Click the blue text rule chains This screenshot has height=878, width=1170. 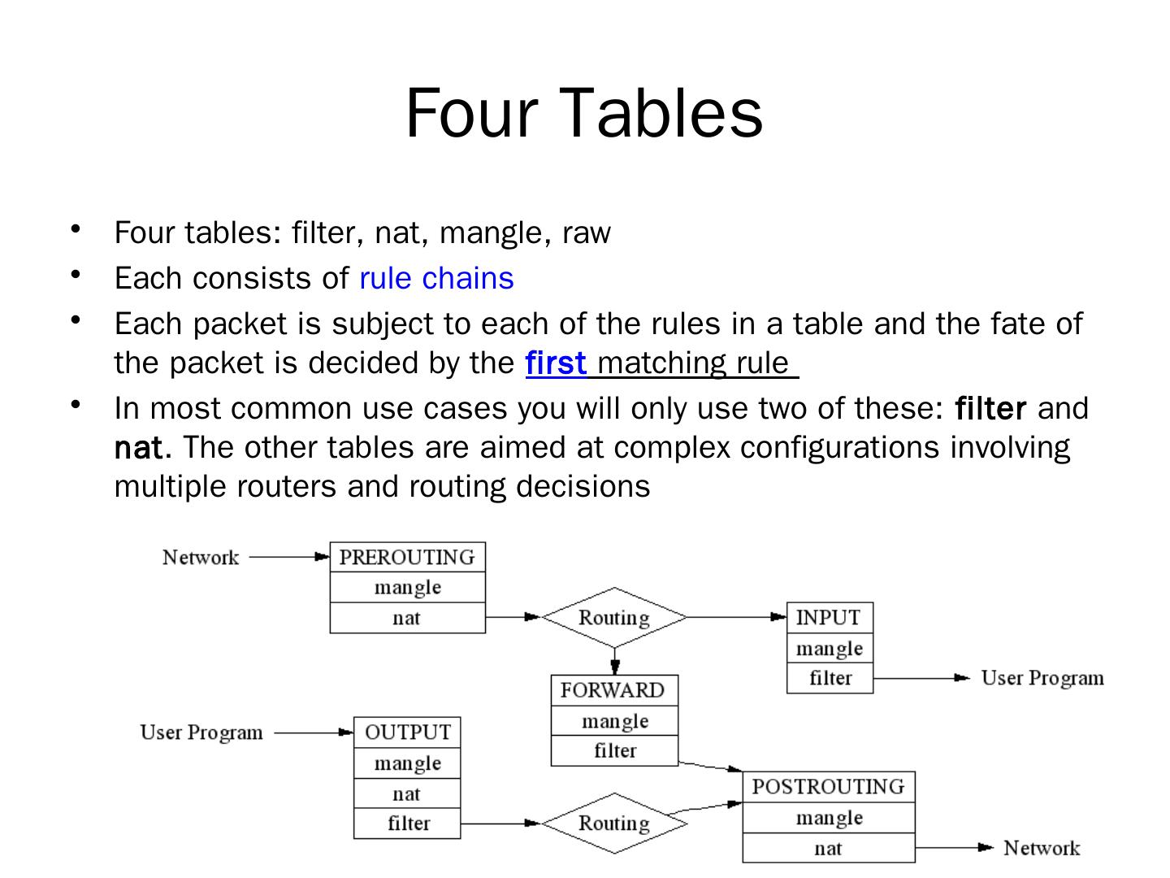tap(436, 278)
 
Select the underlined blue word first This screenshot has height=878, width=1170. tap(556, 363)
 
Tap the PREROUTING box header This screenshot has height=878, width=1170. tap(407, 557)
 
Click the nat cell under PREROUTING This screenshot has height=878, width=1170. tap(407, 618)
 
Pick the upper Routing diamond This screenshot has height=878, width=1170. tap(614, 618)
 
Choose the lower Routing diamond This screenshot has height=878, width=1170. tap(614, 824)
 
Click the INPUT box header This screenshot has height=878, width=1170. tap(829, 618)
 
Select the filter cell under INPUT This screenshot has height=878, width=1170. tap(830, 678)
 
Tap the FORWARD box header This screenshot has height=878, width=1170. tap(613, 690)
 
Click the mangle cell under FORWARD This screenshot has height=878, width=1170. tap(614, 721)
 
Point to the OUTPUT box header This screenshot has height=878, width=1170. tap(407, 732)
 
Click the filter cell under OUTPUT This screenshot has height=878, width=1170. tap(408, 824)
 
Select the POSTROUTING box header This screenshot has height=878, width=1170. tap(828, 787)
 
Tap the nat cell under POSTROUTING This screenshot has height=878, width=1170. tap(828, 849)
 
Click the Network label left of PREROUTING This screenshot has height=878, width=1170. tap(201, 558)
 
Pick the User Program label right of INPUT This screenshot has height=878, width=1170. tap(1042, 678)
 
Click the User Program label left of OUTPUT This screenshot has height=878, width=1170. tap(201, 732)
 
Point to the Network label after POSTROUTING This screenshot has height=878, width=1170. tap(1042, 849)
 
